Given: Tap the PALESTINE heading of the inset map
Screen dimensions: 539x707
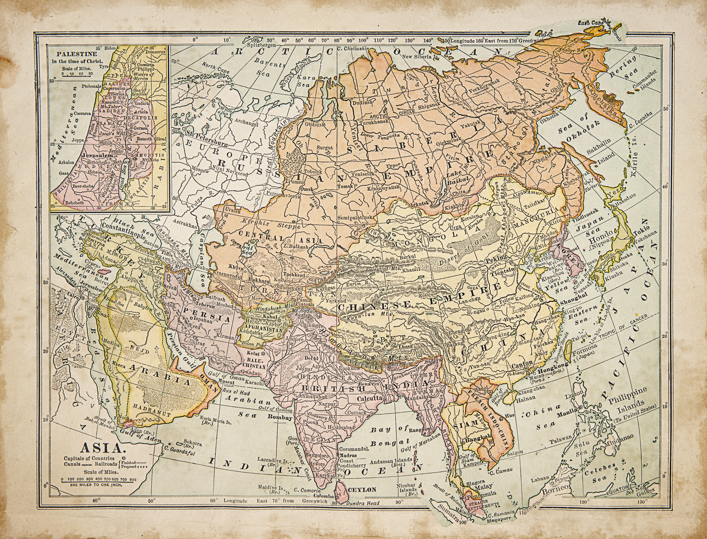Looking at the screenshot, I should click(x=74, y=54).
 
